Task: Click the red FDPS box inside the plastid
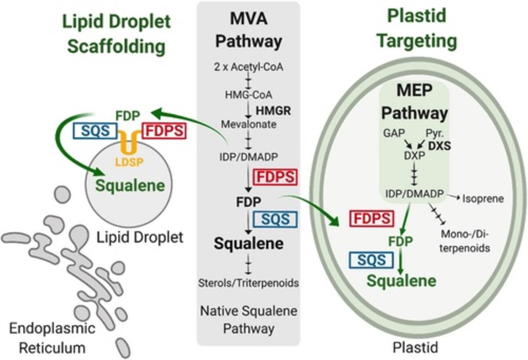point(370,219)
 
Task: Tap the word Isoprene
point(483,198)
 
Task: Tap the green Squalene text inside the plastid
point(402,280)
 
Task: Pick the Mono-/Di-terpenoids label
point(465,242)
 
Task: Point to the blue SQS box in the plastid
point(371,259)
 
